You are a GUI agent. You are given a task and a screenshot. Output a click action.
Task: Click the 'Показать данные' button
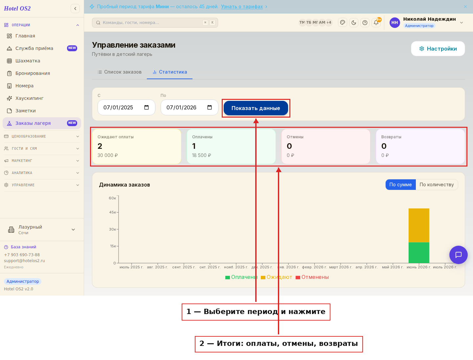click(256, 108)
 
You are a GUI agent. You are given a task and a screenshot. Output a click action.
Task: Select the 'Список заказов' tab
click(119, 72)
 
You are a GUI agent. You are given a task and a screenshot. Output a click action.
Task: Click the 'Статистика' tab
click(169, 72)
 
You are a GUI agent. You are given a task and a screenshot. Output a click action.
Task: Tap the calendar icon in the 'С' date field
click(146, 107)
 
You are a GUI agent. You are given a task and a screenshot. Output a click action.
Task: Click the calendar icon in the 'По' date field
click(210, 107)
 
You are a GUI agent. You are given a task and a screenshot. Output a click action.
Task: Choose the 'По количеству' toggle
click(437, 185)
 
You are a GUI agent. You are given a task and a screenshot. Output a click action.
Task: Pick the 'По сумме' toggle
click(400, 185)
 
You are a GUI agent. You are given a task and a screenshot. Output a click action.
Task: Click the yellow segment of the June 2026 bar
click(419, 225)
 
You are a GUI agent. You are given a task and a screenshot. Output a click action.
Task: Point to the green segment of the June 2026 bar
click(419, 253)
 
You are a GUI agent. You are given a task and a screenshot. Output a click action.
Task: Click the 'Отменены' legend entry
click(312, 277)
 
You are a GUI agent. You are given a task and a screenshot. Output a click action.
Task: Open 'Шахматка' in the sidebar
click(28, 61)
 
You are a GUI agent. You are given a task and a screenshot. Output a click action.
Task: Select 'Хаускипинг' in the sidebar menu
click(29, 98)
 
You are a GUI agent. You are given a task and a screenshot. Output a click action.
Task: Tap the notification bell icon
click(376, 23)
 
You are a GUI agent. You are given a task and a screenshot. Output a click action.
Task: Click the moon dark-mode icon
click(354, 23)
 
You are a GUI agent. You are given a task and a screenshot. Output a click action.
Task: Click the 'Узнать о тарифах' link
click(242, 7)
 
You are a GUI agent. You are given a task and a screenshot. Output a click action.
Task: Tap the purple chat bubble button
click(458, 255)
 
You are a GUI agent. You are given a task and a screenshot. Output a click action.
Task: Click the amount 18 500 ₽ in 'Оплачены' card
click(201, 155)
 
